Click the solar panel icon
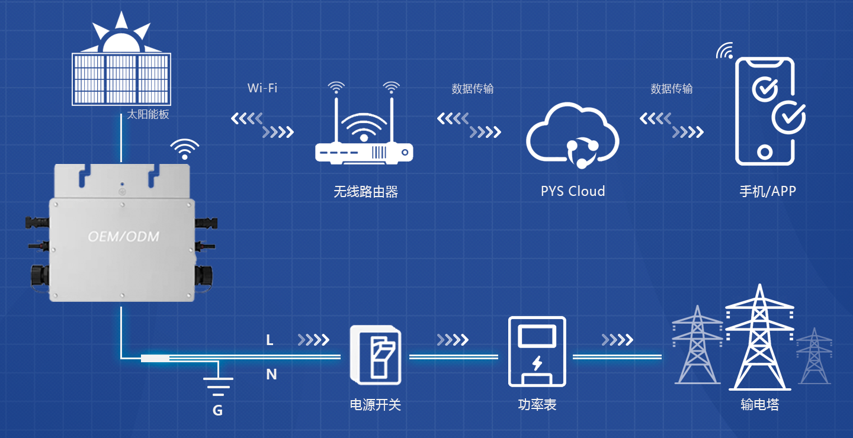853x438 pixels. coord(121,78)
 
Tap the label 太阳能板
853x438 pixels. coord(148,115)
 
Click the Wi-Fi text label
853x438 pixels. coord(262,88)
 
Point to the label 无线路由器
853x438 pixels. coord(365,192)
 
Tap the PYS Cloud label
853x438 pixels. coord(573,191)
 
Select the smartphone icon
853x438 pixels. coord(765,111)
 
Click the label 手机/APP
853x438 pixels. coord(768,191)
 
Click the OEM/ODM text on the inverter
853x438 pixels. coord(123,237)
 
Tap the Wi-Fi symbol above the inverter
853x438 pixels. coord(185,149)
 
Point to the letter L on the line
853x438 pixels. coord(270,340)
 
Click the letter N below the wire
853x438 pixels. coord(271,374)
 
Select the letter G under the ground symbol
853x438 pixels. coord(218,410)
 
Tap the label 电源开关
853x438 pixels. coord(376,405)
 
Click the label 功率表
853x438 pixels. coord(537,405)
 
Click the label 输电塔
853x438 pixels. coord(759,405)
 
